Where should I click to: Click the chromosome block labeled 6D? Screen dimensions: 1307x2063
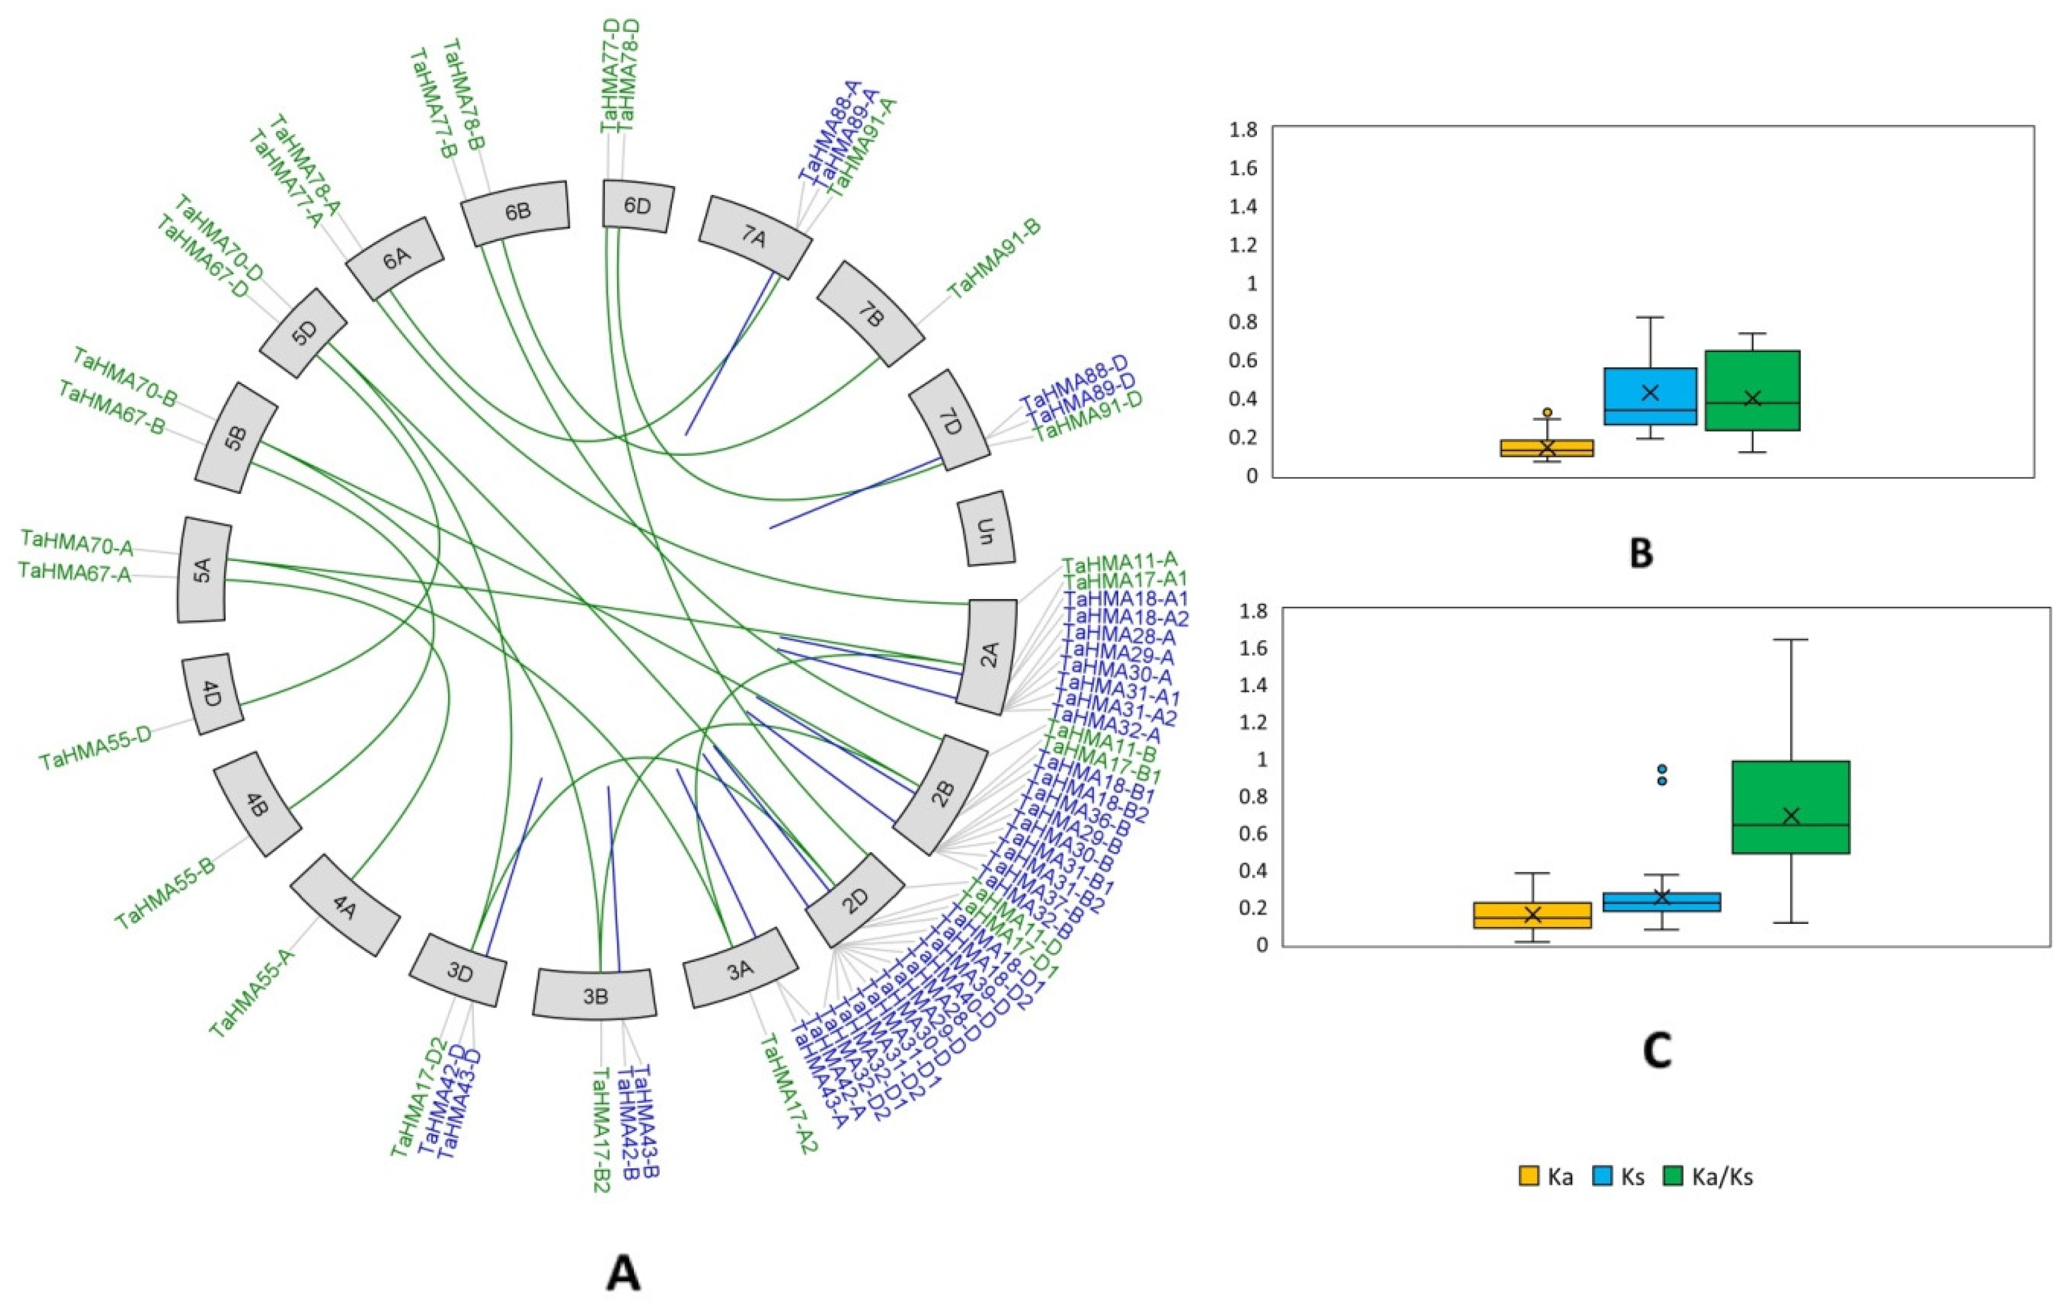637,206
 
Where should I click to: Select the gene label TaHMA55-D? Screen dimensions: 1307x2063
95,748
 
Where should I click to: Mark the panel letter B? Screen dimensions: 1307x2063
1640,553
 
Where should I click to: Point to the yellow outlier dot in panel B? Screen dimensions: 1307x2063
1547,412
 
